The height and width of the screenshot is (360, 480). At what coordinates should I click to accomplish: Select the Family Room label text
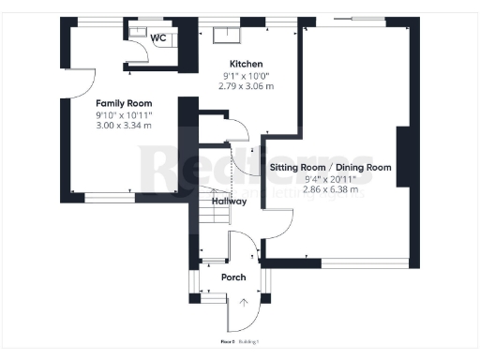point(124,103)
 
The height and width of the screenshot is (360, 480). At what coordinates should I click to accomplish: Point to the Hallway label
point(229,201)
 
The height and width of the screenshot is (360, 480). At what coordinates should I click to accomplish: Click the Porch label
point(233,277)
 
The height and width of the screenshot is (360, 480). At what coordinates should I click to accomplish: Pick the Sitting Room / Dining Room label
point(331,168)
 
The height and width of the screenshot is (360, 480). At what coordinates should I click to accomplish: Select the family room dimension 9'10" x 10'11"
point(124,114)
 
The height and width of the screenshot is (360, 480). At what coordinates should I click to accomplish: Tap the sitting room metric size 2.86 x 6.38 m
point(331,190)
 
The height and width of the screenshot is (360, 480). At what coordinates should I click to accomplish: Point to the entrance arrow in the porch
point(244,302)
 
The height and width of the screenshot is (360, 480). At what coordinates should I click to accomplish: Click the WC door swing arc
point(141,57)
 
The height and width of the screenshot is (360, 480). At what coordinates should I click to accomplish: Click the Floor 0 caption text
point(227,342)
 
